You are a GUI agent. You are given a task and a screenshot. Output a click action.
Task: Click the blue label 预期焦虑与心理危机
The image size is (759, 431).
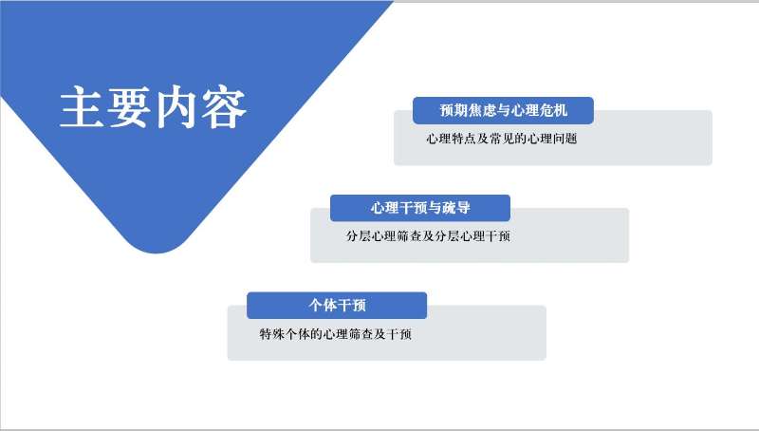click(503, 111)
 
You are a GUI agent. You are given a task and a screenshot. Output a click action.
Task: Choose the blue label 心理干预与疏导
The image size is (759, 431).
click(420, 208)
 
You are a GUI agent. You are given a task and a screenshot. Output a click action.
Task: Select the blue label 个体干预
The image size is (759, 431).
click(337, 306)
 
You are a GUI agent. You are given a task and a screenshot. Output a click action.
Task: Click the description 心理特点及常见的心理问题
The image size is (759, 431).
click(502, 138)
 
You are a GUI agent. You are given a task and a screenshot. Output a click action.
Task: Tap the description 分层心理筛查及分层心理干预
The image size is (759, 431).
click(428, 235)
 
